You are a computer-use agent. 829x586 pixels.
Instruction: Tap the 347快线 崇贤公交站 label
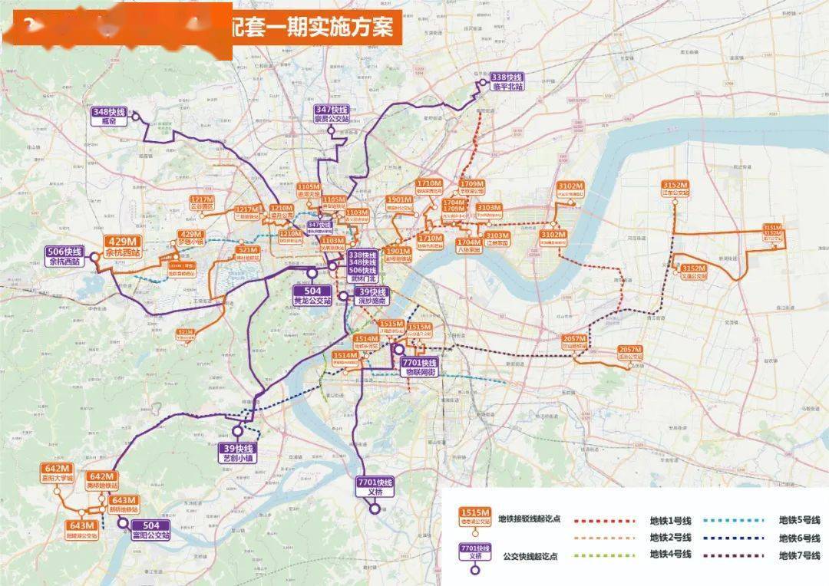click(x=332, y=115)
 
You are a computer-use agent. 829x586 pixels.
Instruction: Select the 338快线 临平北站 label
click(x=507, y=82)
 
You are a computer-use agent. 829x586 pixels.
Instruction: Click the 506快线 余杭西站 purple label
click(x=64, y=256)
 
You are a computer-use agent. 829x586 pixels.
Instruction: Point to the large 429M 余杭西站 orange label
click(x=123, y=246)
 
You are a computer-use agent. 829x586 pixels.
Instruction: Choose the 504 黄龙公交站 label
click(x=312, y=296)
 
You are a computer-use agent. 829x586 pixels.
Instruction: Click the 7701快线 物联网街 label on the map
click(x=420, y=367)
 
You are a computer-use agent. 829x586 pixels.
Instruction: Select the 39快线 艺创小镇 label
click(x=238, y=453)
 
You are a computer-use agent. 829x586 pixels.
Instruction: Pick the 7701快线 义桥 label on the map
click(x=375, y=487)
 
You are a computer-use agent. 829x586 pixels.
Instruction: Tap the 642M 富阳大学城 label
click(x=58, y=472)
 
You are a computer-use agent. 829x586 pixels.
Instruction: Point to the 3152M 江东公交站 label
click(x=675, y=189)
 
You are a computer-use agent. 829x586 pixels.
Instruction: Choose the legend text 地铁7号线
click(x=799, y=555)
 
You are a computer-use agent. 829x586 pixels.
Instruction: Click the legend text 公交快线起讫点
click(x=532, y=555)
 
